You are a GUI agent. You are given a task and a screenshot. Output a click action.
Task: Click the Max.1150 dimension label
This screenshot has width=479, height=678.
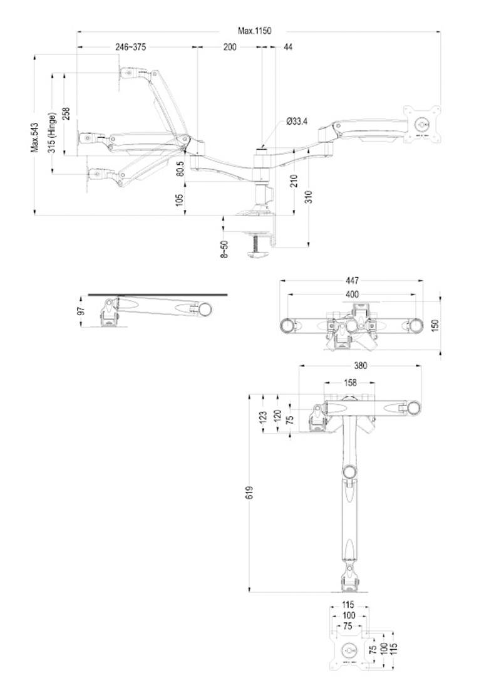(255, 31)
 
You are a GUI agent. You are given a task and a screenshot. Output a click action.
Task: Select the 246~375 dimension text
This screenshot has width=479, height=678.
(131, 47)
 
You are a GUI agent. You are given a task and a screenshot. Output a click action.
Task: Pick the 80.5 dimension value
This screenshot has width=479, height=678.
(180, 169)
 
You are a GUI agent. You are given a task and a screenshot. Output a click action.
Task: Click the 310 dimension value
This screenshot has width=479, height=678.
(309, 197)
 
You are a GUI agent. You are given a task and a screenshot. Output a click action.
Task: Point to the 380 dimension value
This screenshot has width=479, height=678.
(360, 366)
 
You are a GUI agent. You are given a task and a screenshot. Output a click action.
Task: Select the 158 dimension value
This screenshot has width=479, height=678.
(350, 382)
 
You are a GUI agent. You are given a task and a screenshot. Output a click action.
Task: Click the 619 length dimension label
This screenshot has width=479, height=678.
(249, 493)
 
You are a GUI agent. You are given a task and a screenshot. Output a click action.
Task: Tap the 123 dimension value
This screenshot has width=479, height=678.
(262, 417)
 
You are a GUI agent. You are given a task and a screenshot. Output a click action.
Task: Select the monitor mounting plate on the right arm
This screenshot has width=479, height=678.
(423, 124)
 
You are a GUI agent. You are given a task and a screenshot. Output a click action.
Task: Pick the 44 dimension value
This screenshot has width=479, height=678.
(287, 47)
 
